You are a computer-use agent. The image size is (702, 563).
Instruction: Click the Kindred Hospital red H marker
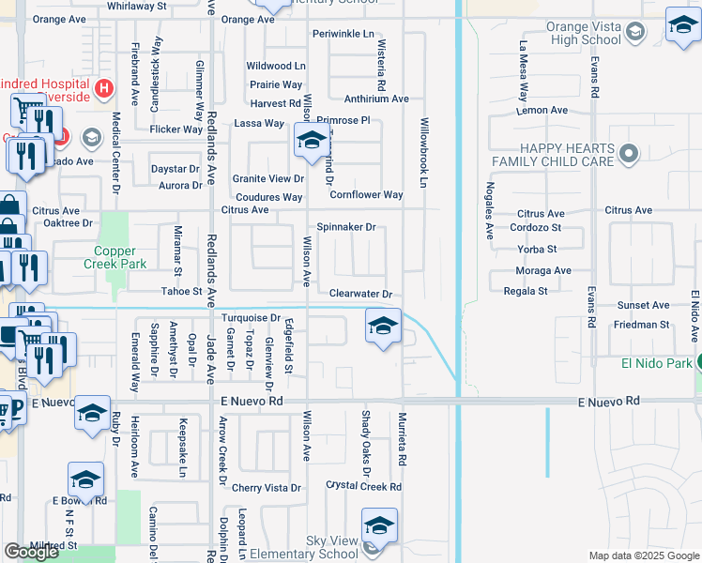point(104,89)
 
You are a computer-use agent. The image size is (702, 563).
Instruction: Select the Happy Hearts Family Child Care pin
point(628,152)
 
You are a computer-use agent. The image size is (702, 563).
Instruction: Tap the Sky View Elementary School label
point(332,548)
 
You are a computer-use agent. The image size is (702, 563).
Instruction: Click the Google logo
point(31,552)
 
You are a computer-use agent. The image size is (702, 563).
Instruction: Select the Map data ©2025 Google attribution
point(643,555)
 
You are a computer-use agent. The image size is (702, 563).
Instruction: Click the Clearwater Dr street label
point(359,294)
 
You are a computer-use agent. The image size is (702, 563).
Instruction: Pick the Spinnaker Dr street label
point(345,227)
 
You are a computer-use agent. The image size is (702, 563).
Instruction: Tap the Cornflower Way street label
point(366,195)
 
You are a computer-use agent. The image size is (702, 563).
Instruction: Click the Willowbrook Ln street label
point(423,150)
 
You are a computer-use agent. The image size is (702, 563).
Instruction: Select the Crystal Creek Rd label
point(363,486)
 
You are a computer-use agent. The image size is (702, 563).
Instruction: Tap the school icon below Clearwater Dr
point(383,327)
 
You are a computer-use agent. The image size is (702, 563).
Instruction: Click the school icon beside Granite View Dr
point(311,142)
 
